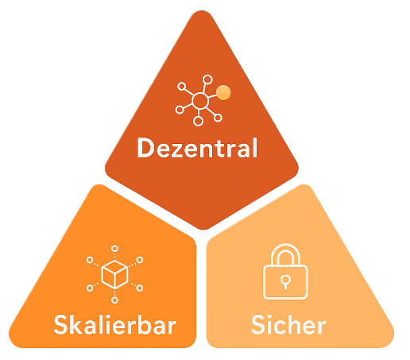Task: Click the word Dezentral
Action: click(197, 148)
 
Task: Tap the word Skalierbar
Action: click(115, 324)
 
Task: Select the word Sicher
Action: click(288, 324)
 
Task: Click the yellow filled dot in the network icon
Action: click(223, 92)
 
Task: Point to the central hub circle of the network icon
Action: click(200, 101)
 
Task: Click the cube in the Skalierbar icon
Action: click(114, 274)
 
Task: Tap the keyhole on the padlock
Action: click(285, 281)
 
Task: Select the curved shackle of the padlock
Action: click(285, 245)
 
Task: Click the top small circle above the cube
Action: click(114, 249)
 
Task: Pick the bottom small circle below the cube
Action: click(114, 300)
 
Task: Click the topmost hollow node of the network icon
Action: click(207, 79)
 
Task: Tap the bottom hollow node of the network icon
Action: click(198, 121)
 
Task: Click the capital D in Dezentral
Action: click(145, 148)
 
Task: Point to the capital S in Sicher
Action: click(258, 325)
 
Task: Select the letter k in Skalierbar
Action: click(75, 324)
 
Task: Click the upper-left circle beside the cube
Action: click(90, 260)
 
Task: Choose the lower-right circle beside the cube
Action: click(140, 288)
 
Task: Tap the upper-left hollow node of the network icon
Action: click(182, 87)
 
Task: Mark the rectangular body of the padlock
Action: click(285, 281)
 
